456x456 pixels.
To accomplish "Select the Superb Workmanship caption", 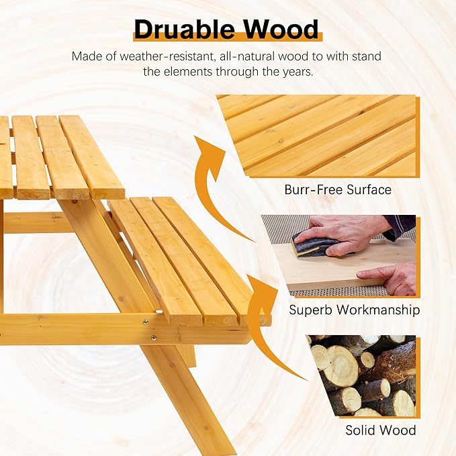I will click(x=355, y=310).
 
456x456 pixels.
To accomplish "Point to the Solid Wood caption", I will click(x=381, y=430).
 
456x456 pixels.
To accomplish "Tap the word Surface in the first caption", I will click(x=369, y=189).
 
